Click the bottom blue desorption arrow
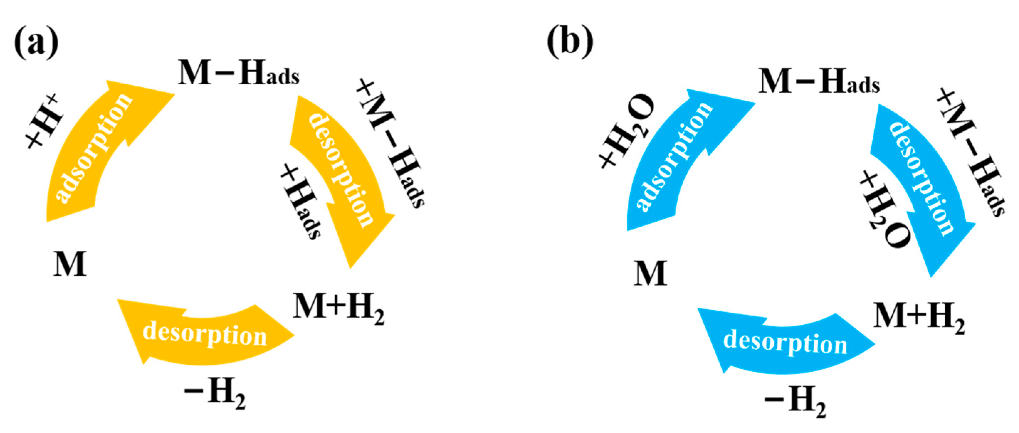[785, 342]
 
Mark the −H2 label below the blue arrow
[795, 403]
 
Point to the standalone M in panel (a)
[70, 264]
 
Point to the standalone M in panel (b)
[650, 273]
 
